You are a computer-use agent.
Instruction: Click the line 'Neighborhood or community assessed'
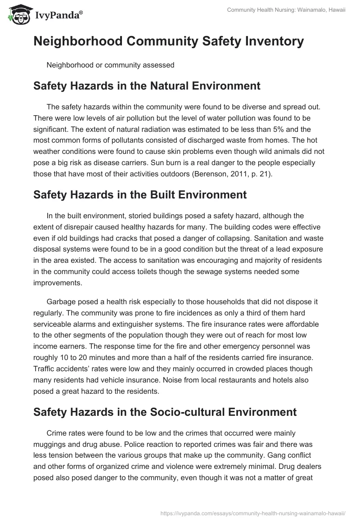click(x=110, y=65)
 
